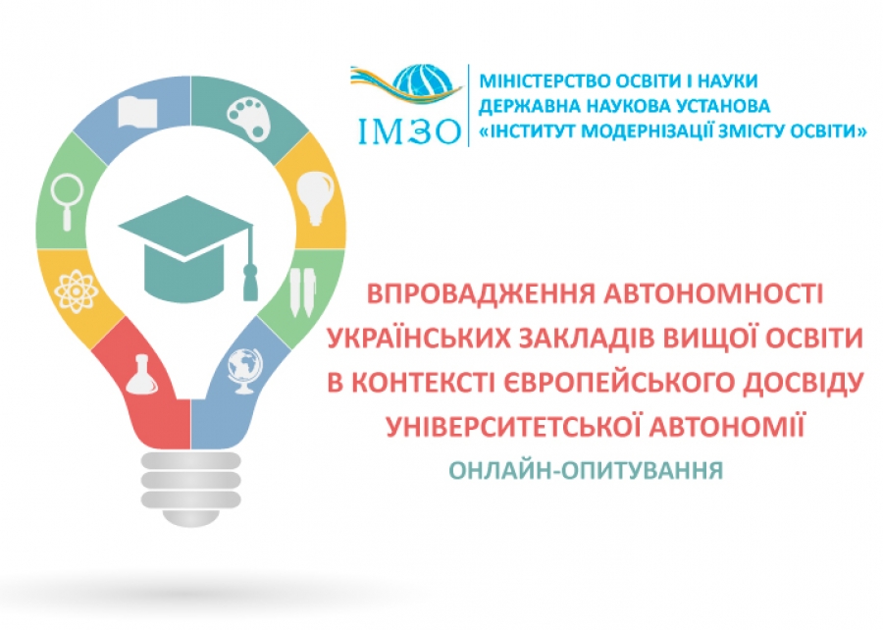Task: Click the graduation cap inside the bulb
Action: pyautogui.click(x=185, y=247)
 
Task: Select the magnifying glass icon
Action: pyautogui.click(x=67, y=201)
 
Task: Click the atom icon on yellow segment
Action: pyautogui.click(x=77, y=291)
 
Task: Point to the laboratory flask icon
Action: pyautogui.click(x=141, y=375)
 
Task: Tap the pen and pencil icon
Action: pyautogui.click(x=302, y=291)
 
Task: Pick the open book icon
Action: pyautogui.click(x=137, y=112)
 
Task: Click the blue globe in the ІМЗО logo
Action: pyautogui.click(x=424, y=84)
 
